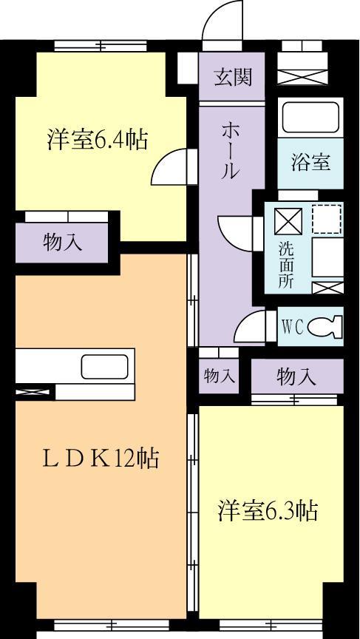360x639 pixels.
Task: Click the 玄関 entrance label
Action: [x=231, y=77]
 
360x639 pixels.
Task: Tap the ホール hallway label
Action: [x=230, y=150]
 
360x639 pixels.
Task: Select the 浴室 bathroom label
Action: [x=310, y=162]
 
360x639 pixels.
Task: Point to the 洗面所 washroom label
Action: [x=285, y=264]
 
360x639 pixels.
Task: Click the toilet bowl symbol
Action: [x=325, y=326]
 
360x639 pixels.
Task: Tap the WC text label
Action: [x=292, y=327]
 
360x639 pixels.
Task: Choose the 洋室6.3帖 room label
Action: [x=267, y=510]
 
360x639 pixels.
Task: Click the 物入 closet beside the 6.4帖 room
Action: [x=62, y=242]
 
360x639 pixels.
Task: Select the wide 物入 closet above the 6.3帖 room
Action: [x=296, y=376]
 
